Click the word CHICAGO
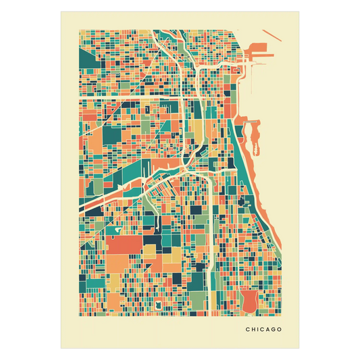coord(264,330)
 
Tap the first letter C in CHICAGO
coord(248,330)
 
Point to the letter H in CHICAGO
coord(253,330)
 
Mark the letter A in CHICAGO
coord(268,330)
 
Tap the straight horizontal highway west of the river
coord(128,99)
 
